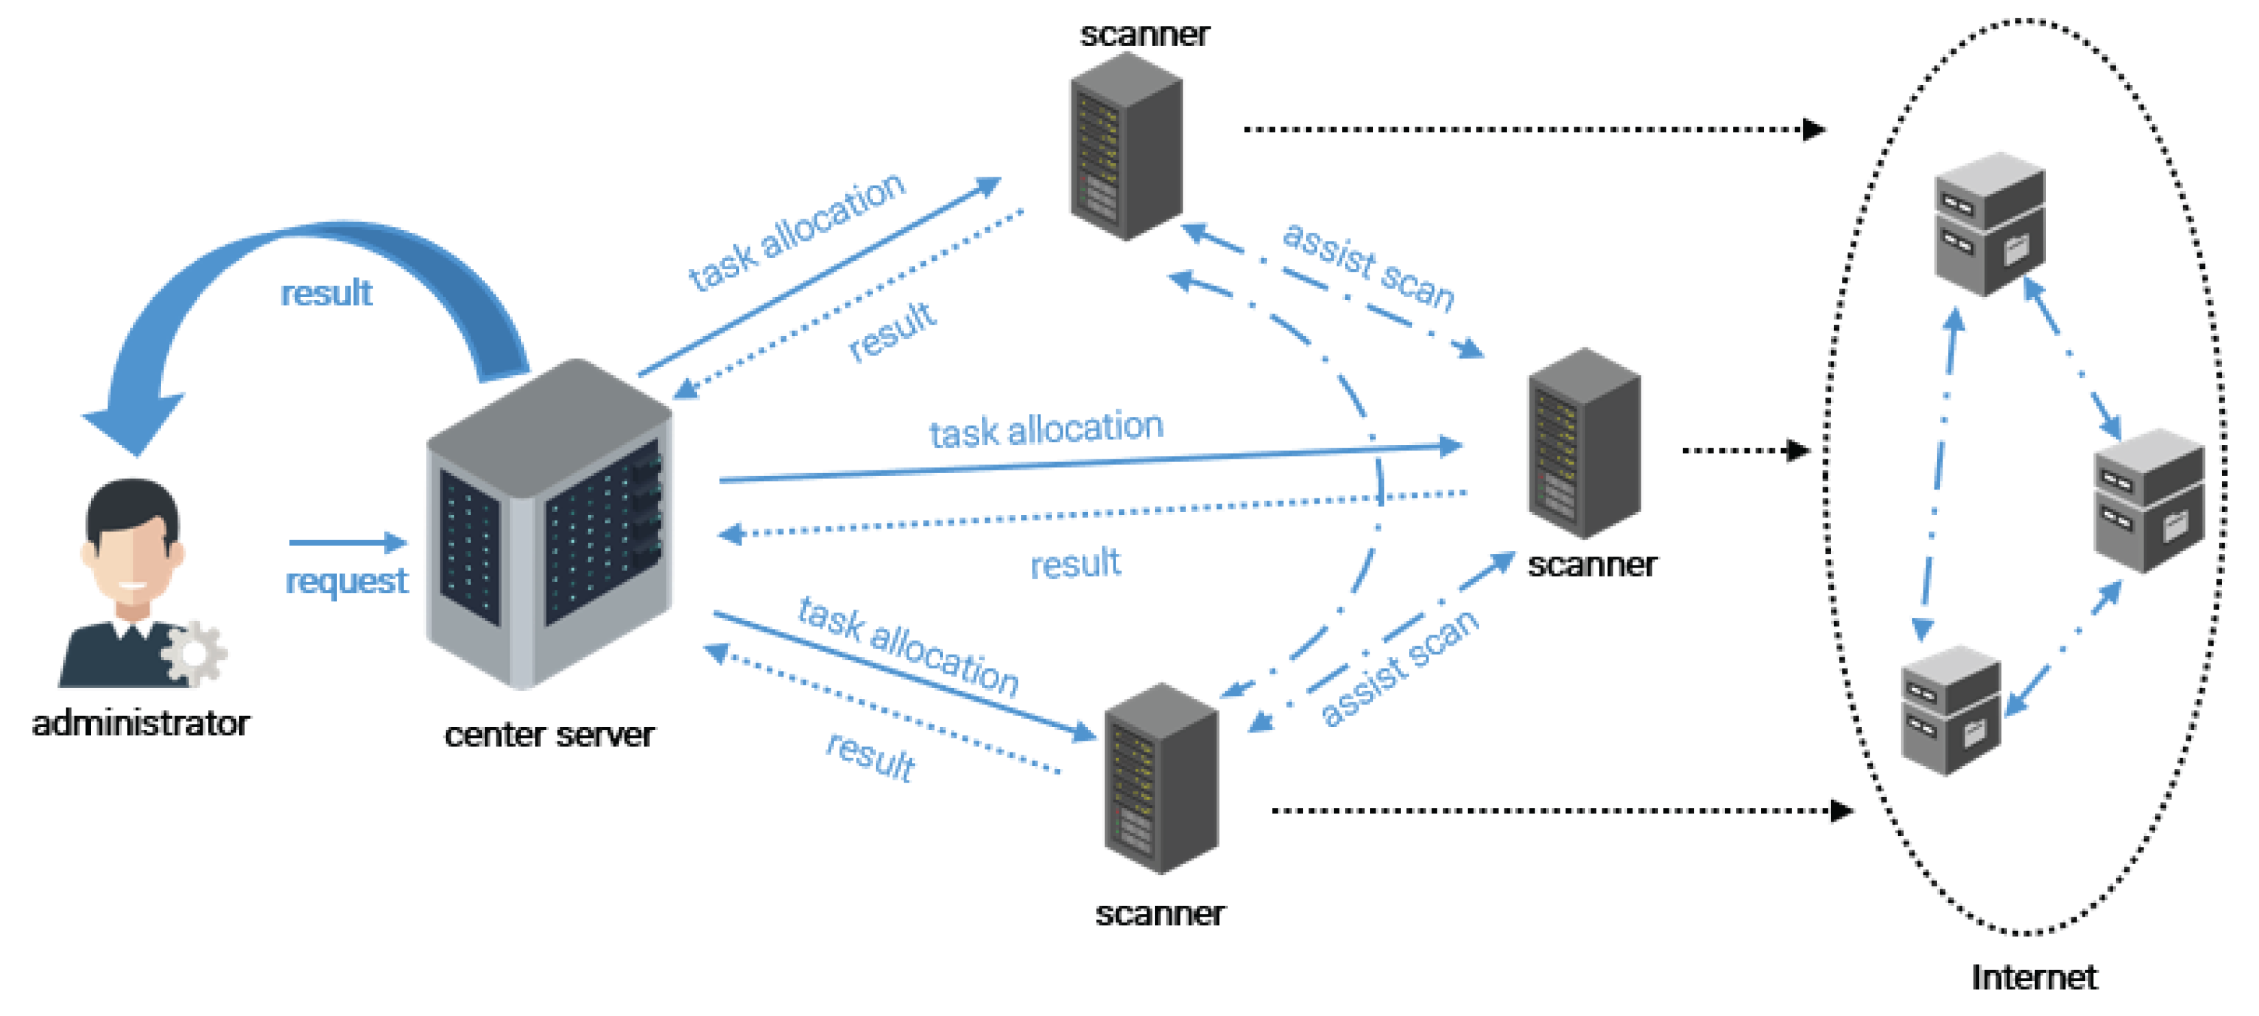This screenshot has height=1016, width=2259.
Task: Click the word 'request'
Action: [346, 581]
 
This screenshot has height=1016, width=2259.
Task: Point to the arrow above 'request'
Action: [347, 543]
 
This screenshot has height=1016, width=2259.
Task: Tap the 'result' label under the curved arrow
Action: [326, 294]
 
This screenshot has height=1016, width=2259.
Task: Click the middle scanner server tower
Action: [1584, 444]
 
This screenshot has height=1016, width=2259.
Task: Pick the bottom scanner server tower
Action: [1161, 778]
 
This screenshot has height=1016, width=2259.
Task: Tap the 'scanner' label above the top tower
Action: [1144, 35]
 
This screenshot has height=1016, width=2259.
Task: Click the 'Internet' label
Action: [2034, 978]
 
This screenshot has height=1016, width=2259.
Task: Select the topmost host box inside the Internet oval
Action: [1990, 225]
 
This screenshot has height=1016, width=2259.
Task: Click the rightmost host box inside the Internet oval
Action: [2149, 500]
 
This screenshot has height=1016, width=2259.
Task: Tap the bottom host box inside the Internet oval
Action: [1950, 711]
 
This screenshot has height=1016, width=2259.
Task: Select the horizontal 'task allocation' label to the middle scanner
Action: [1046, 429]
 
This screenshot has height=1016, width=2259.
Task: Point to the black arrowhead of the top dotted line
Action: [1813, 130]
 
